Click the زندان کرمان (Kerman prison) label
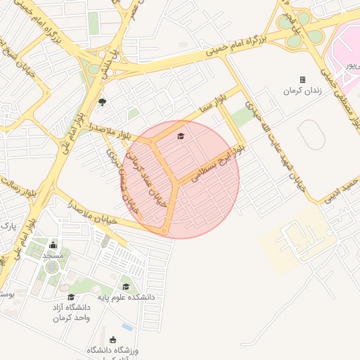point(302,91)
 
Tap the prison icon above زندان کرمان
point(303,80)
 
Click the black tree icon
point(103,103)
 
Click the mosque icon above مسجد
point(53,245)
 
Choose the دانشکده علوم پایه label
point(127,297)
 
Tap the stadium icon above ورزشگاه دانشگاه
point(113,340)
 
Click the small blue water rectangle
point(127,327)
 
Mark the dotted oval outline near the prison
point(314,134)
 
